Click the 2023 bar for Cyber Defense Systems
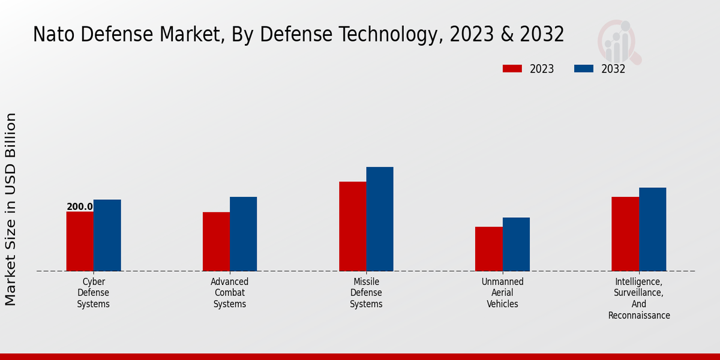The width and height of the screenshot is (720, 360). click(80, 241)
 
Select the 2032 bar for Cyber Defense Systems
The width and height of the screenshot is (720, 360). click(107, 235)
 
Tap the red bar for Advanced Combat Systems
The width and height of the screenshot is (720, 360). click(216, 241)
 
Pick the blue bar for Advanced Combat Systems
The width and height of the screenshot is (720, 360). click(243, 234)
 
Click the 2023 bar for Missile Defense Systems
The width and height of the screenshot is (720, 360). click(352, 226)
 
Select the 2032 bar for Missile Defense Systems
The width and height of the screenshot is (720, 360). click(380, 219)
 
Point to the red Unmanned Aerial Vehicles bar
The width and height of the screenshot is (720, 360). click(488, 248)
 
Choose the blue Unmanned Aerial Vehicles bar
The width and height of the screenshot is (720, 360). click(516, 244)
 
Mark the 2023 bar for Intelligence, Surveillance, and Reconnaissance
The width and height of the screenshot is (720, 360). click(625, 234)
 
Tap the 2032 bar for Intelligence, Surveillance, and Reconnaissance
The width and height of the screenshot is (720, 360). click(652, 229)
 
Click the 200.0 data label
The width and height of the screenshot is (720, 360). click(80, 207)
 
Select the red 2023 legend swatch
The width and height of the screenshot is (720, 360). click(512, 69)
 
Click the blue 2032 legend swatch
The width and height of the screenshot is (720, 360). click(583, 69)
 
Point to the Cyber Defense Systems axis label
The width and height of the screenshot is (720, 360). click(94, 293)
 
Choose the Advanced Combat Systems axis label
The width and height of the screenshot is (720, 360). click(230, 293)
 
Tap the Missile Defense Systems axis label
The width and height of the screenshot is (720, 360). click(366, 293)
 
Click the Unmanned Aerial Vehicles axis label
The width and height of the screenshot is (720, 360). click(502, 293)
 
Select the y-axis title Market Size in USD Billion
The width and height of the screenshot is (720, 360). click(11, 209)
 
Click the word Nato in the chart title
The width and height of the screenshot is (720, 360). click(54, 35)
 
